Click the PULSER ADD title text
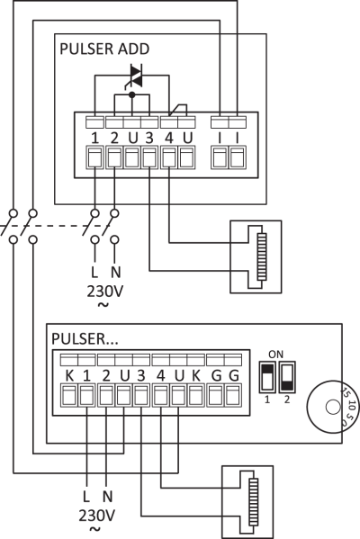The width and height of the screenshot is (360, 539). (x=104, y=49)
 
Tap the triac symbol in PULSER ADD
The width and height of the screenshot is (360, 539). (x=136, y=76)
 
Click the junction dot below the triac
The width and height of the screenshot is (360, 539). (x=131, y=94)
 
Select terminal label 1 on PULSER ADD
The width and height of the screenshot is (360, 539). (x=95, y=139)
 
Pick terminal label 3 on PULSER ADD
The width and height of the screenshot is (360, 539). (x=149, y=139)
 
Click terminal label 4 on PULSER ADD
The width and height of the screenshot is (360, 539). (x=169, y=139)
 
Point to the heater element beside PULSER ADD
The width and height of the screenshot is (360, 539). (x=262, y=256)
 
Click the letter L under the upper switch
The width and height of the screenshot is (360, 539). (x=94, y=273)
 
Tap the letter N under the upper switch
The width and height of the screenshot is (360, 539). (x=115, y=273)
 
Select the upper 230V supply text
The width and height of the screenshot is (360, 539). (x=105, y=292)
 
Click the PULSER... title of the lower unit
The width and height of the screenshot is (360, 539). (x=85, y=339)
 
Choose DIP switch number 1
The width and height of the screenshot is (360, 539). (x=267, y=377)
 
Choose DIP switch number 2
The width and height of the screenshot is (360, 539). (x=287, y=377)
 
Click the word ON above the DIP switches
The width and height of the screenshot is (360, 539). (x=275, y=354)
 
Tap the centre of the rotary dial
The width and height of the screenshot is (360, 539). (x=332, y=408)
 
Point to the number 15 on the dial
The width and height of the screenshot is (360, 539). (x=345, y=392)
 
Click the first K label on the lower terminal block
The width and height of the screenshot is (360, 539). (x=69, y=376)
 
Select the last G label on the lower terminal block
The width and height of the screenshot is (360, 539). (x=234, y=376)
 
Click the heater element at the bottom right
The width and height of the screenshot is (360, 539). (x=254, y=503)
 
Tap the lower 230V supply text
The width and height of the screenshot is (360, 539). (x=96, y=516)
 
